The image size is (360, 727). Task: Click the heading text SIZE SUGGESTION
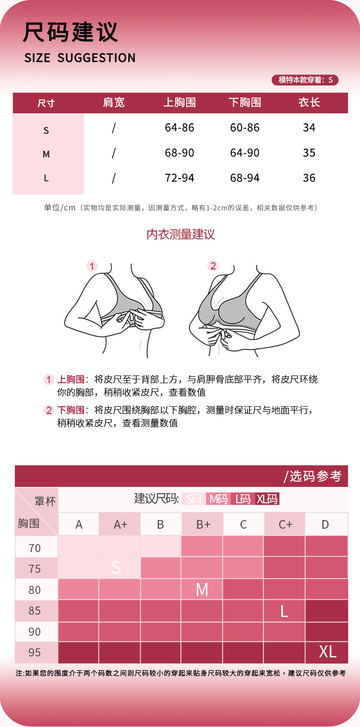click(80, 58)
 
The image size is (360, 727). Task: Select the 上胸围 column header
click(180, 102)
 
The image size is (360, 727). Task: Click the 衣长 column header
click(309, 102)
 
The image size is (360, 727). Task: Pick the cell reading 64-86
click(180, 128)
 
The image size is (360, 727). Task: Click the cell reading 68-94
click(245, 178)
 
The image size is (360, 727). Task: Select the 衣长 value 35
click(309, 153)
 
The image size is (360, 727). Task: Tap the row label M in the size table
click(46, 154)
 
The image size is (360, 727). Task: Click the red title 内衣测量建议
click(180, 234)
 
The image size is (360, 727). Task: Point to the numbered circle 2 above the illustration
click(213, 266)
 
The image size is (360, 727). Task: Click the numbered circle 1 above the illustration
click(92, 266)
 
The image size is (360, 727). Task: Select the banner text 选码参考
click(315, 476)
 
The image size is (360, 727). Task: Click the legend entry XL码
click(267, 499)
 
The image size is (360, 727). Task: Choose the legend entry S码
click(193, 499)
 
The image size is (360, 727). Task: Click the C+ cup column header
click(285, 524)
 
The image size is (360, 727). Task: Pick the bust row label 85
click(35, 611)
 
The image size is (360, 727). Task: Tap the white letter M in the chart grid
click(202, 590)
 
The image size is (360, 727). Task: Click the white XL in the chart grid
click(327, 652)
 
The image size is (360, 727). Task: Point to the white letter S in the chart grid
click(117, 568)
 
